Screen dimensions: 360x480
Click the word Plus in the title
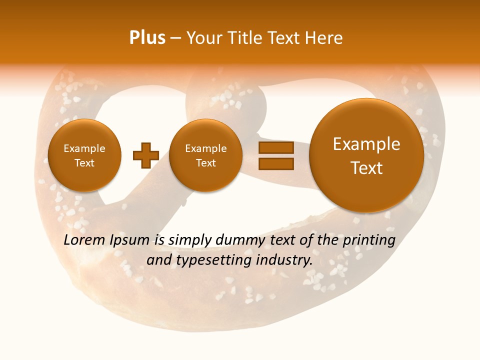pos(147,37)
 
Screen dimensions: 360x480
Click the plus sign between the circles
pos(145,155)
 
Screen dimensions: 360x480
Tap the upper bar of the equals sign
pos(275,147)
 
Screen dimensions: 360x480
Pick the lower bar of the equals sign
pos(275,163)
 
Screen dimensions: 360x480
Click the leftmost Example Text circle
pos(84,155)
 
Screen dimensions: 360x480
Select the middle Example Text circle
pos(205,155)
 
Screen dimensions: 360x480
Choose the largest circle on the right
pos(366,155)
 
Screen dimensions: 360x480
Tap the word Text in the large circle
pos(366,168)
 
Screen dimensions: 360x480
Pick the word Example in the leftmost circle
pos(84,148)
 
